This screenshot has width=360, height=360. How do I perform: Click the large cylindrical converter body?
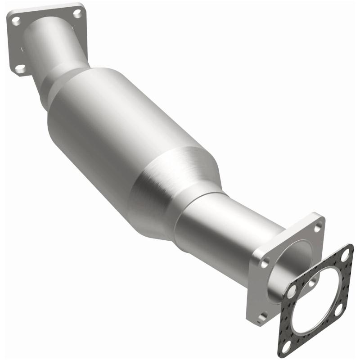117,135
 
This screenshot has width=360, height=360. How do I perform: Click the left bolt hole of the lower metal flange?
265,261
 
